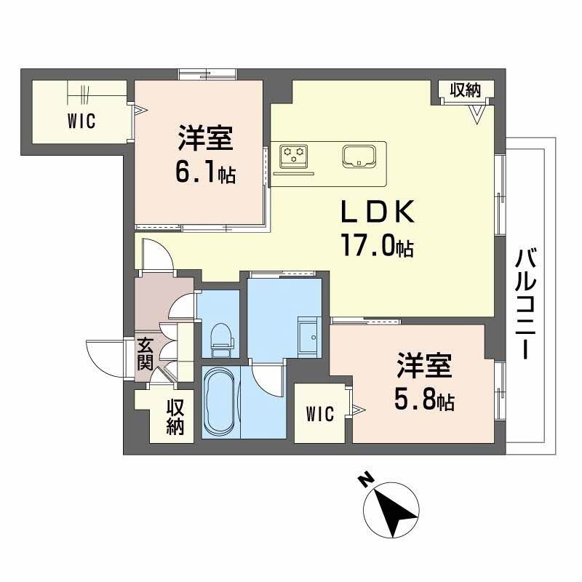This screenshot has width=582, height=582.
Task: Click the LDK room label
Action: (378, 212)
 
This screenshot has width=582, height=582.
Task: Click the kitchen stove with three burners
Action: (295, 155)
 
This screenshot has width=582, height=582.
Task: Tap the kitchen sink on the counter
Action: (358, 155)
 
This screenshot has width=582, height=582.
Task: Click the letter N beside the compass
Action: (367, 480)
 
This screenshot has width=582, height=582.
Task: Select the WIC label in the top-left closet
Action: (82, 122)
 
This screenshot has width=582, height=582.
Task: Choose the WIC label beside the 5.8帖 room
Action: (319, 415)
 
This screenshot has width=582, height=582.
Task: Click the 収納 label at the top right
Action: (466, 90)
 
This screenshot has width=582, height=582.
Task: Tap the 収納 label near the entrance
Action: (175, 417)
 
